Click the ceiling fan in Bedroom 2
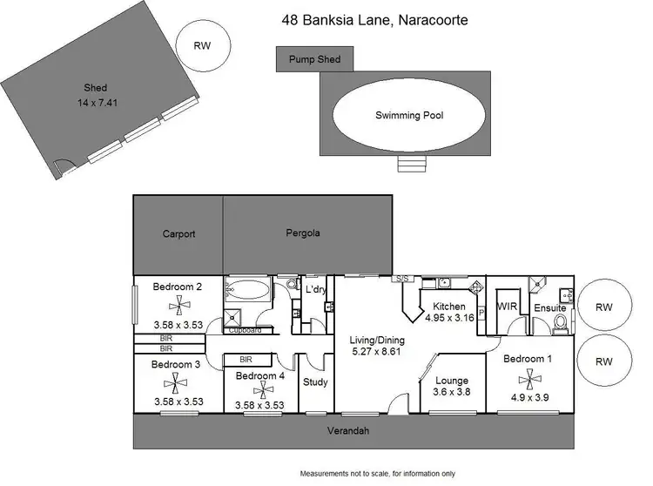pos(178,304)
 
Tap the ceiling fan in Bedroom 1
pos(527,377)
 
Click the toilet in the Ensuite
pos(562,323)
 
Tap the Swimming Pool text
pos(409,115)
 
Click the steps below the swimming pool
pos(409,165)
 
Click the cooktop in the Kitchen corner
pos(476,287)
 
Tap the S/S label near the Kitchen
pos(401,279)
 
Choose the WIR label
pos(508,307)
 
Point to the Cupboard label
pos(245,331)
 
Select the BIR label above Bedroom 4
pos(246,358)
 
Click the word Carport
pos(178,233)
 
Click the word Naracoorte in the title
pos(434,19)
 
